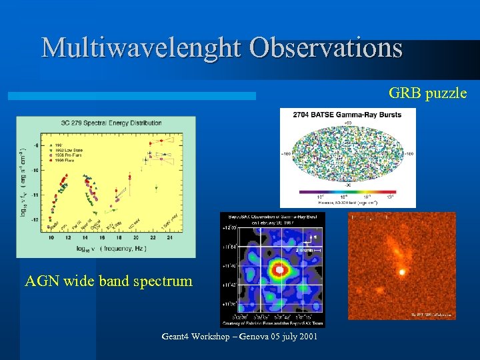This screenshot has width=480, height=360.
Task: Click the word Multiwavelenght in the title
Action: (141, 48)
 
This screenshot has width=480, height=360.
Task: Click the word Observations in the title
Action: (326, 48)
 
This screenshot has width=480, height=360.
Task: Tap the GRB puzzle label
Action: (427, 93)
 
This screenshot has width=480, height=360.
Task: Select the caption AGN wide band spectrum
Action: (109, 281)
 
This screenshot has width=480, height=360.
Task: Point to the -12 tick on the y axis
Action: (35, 219)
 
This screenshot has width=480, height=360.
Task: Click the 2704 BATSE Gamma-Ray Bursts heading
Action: (347, 115)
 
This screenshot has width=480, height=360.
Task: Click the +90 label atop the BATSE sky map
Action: (347, 124)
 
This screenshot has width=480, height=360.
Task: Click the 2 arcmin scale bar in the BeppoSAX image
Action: (307, 250)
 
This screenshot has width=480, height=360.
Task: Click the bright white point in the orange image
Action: (402, 272)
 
